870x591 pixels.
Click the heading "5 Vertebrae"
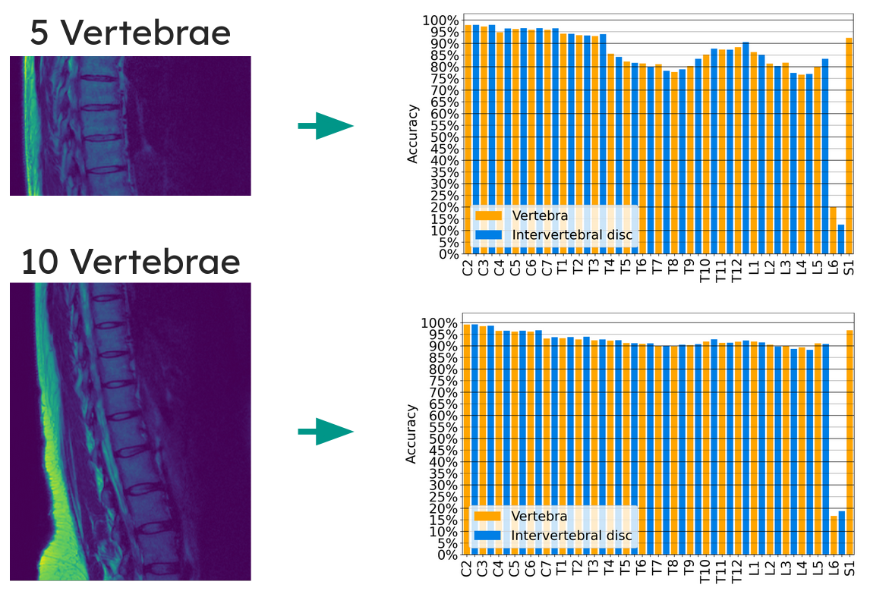point(130,33)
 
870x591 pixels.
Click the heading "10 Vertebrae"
point(130,261)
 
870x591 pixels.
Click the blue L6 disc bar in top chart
point(841,239)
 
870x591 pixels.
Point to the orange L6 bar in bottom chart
point(834,536)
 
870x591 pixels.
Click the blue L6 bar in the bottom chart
point(841,533)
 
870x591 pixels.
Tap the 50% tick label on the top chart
point(441,137)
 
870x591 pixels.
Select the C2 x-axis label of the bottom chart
point(467,568)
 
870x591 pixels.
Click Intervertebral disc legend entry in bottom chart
point(571,536)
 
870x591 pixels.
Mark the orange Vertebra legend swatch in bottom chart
point(487,516)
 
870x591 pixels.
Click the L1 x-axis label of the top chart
point(753,266)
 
